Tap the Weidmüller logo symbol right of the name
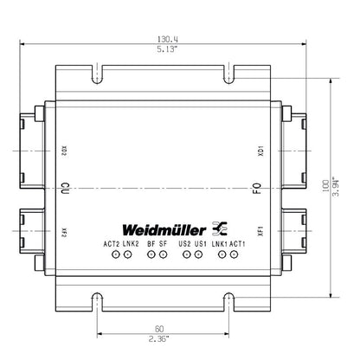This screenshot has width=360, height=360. (x=219, y=229)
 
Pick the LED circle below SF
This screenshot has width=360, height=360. (x=163, y=254)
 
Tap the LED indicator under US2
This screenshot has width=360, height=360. (x=185, y=254)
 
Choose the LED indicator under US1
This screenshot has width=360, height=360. (x=198, y=254)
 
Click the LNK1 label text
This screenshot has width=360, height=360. (x=220, y=244)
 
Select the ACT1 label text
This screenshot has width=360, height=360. (x=239, y=244)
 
